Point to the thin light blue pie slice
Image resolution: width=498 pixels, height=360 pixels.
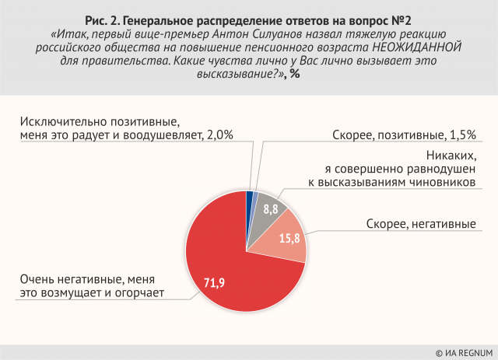[x=254, y=198]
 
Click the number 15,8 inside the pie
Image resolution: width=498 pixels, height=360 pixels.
[x=289, y=237]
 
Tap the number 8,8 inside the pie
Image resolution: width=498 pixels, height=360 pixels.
[x=270, y=208]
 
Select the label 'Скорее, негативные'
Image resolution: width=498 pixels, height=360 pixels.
[x=421, y=225]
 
